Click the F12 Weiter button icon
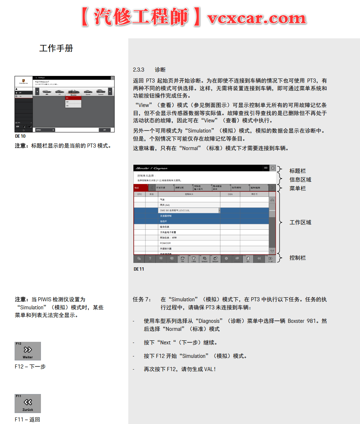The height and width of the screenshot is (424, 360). tap(28, 351)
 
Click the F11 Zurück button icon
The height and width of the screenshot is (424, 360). tap(28, 404)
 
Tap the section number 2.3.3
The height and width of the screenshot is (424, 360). tap(139, 70)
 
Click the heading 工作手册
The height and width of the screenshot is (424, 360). tap(56, 48)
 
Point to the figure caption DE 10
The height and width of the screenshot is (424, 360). tap(20, 136)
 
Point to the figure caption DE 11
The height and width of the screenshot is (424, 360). tap(139, 269)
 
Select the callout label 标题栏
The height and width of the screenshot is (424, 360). tap(298, 171)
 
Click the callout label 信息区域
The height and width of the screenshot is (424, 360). tap(300, 180)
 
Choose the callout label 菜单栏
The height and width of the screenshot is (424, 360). tap(298, 188)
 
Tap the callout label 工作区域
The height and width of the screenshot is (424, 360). tap(300, 222)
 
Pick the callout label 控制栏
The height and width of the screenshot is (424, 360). tap(298, 258)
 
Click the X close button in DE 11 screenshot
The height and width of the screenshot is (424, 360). tap(273, 168)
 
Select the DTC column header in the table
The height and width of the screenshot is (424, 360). tap(140, 195)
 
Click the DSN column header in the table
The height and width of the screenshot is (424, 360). tap(230, 195)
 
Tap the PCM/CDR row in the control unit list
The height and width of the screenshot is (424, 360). tap(166, 243)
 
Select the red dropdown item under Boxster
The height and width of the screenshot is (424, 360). tap(73, 98)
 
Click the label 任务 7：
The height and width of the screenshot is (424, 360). tap(142, 299)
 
